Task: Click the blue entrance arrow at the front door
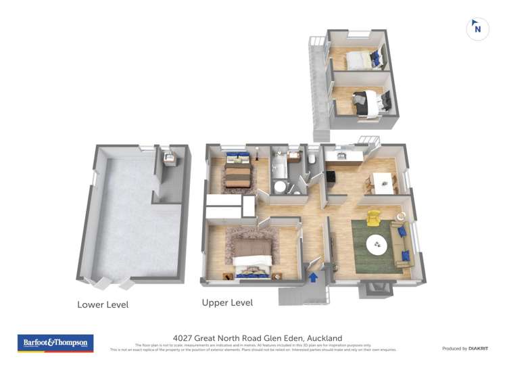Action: pos(313,276)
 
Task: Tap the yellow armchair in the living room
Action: pos(372,218)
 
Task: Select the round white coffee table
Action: pos(377,244)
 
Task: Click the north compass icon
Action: pos(477,28)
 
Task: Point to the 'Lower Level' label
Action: pos(103,305)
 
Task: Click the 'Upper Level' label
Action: pos(227,303)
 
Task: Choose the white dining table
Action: pos(383,181)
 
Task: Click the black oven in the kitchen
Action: pos(332,177)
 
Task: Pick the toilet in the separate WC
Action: pos(310,158)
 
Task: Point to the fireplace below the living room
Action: pos(373,290)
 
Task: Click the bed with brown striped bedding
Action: pos(238,175)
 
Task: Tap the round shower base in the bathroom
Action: pos(280,187)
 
